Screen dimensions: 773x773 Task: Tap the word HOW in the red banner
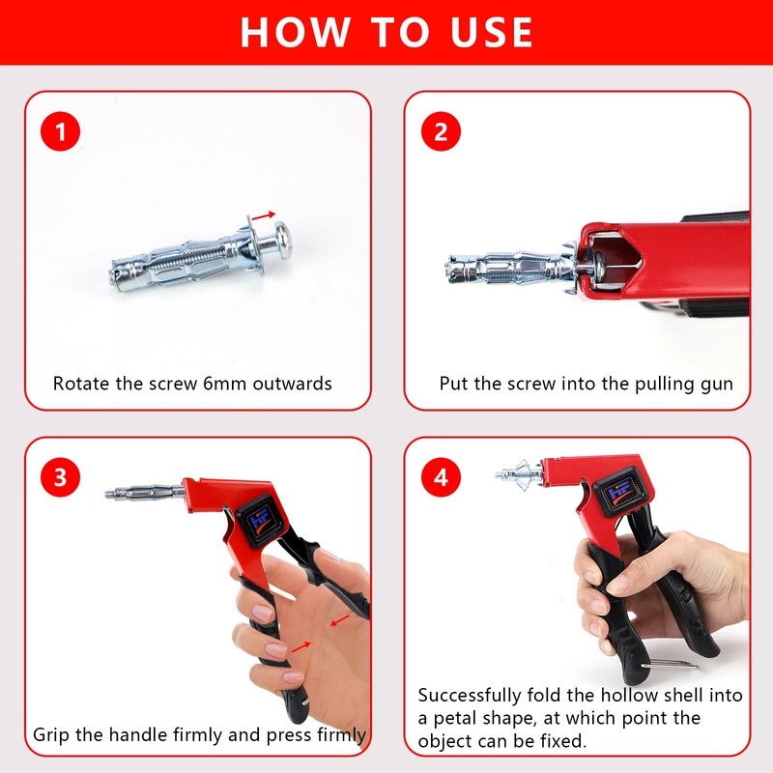[x=296, y=33]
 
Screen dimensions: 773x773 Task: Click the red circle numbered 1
[x=60, y=131]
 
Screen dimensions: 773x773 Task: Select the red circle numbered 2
[x=441, y=131]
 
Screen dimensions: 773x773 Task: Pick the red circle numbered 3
[x=60, y=477]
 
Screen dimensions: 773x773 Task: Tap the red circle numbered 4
[x=441, y=477]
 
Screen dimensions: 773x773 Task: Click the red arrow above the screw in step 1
[x=263, y=215]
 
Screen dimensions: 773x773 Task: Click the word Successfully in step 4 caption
[x=470, y=696]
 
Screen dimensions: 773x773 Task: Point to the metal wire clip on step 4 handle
[x=670, y=664]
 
